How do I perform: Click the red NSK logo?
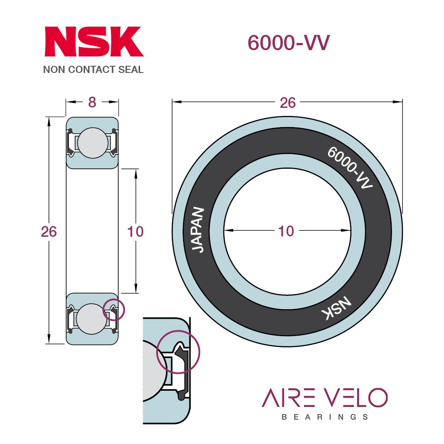pyautogui.click(x=94, y=42)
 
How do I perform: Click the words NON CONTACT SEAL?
pyautogui.click(x=93, y=70)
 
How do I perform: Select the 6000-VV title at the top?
pyautogui.click(x=289, y=43)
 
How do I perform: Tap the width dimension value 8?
pyautogui.click(x=92, y=102)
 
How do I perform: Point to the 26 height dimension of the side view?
pyautogui.click(x=49, y=232)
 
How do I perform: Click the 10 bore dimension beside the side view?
pyautogui.click(x=135, y=232)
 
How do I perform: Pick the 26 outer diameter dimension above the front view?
pyautogui.click(x=288, y=103)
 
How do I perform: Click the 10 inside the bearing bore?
pyautogui.click(x=286, y=231)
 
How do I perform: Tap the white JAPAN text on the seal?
pyautogui.click(x=198, y=229)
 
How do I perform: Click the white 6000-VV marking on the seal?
pyautogui.click(x=350, y=168)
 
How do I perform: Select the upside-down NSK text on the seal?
pyautogui.click(x=337, y=308)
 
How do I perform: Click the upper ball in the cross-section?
pyautogui.click(x=93, y=143)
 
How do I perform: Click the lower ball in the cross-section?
pyautogui.click(x=91, y=319)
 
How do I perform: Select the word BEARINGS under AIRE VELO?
pyautogui.click(x=325, y=417)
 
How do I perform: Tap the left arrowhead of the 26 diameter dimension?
pyautogui.click(x=177, y=102)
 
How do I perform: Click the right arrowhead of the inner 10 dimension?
pyautogui.click(x=346, y=231)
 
